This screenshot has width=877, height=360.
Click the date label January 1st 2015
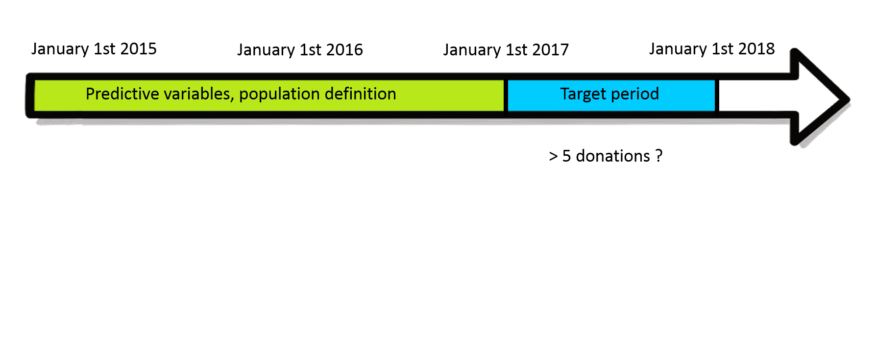pyautogui.click(x=94, y=49)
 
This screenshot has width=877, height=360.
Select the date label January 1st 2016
pyautogui.click(x=300, y=50)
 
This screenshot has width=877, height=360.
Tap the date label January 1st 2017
pyautogui.click(x=506, y=50)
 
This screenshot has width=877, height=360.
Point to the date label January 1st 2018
pyautogui.click(x=712, y=49)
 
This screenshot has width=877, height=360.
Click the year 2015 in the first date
pyautogui.click(x=138, y=48)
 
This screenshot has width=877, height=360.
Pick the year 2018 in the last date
pyautogui.click(x=756, y=48)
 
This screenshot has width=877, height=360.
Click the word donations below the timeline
pyautogui.click(x=613, y=156)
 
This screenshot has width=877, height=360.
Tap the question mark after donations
pyautogui.click(x=659, y=156)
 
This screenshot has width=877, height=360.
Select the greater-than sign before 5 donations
pyautogui.click(x=554, y=156)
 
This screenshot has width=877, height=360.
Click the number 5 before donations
pyautogui.click(x=567, y=156)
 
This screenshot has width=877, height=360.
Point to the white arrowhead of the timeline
pyautogui.click(x=818, y=98)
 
